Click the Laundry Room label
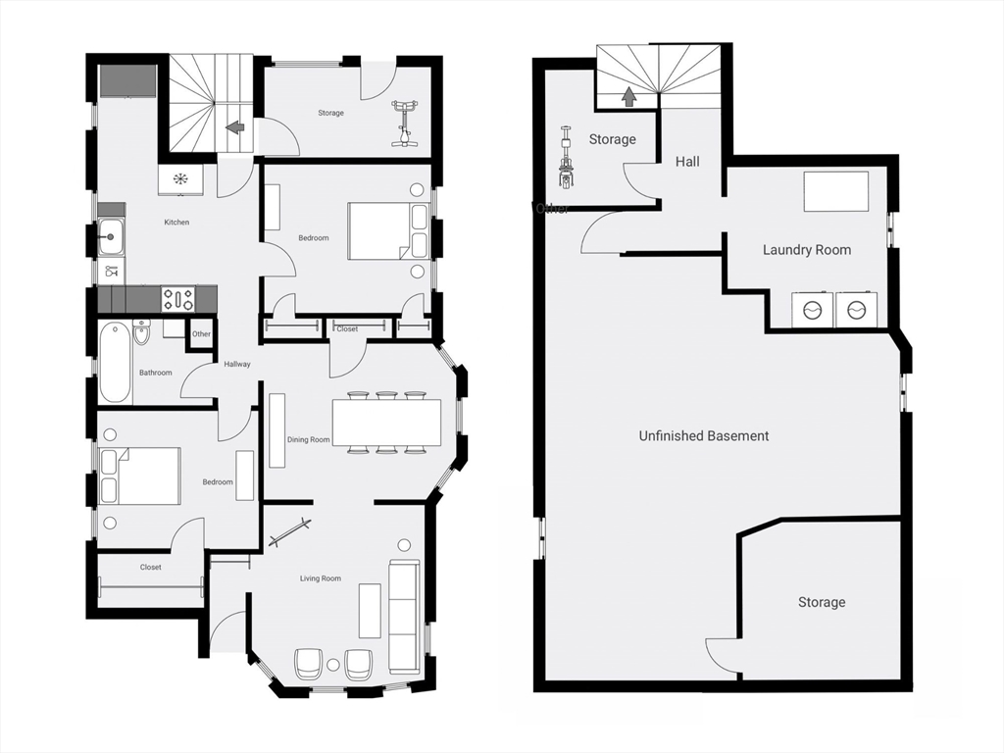pos(806,250)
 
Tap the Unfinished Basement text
pos(703,435)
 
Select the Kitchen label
pos(176,223)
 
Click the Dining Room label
pos(308,440)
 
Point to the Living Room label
pos(320,578)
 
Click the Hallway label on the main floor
pos(237,364)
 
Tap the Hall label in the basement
pos(687,162)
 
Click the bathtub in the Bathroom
pos(114,362)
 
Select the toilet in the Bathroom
pos(141,333)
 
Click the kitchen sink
pos(110,236)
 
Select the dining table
pos(386,423)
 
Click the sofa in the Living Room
pos(404,616)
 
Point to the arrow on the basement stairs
pos(627,96)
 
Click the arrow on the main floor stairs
pos(235,126)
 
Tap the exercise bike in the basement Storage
pos(565,157)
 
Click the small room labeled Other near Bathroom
pos(201,333)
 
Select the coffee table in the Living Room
pos(370,610)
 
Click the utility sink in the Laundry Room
pos(836,191)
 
